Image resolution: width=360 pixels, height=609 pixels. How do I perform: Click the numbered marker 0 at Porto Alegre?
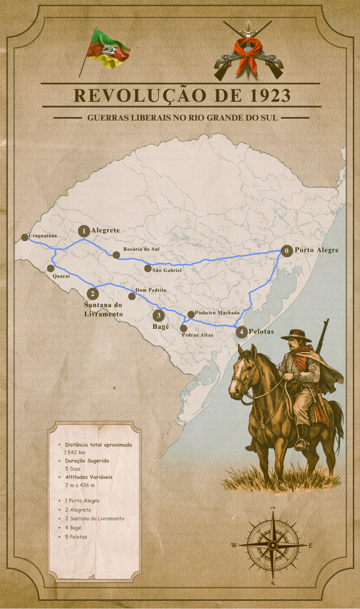(287, 251)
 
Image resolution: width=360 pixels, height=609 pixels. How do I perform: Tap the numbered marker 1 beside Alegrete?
(84, 231)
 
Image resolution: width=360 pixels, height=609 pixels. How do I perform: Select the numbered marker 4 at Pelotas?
(241, 332)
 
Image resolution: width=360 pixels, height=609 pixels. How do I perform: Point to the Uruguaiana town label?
(43, 236)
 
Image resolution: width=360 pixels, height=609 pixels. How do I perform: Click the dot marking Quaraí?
(51, 268)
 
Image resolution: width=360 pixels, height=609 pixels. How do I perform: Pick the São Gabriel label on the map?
(167, 271)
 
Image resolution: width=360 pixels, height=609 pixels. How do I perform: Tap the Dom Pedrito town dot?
(132, 296)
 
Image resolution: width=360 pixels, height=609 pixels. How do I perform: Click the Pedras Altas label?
(198, 334)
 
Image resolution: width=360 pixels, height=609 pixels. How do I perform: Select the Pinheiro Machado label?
(217, 313)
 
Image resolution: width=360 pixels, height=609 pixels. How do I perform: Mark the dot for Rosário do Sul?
(116, 255)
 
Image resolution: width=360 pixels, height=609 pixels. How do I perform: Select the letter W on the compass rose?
(234, 545)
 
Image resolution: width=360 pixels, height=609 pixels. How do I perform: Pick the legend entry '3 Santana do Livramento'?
(94, 518)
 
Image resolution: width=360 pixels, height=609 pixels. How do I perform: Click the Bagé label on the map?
(161, 327)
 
